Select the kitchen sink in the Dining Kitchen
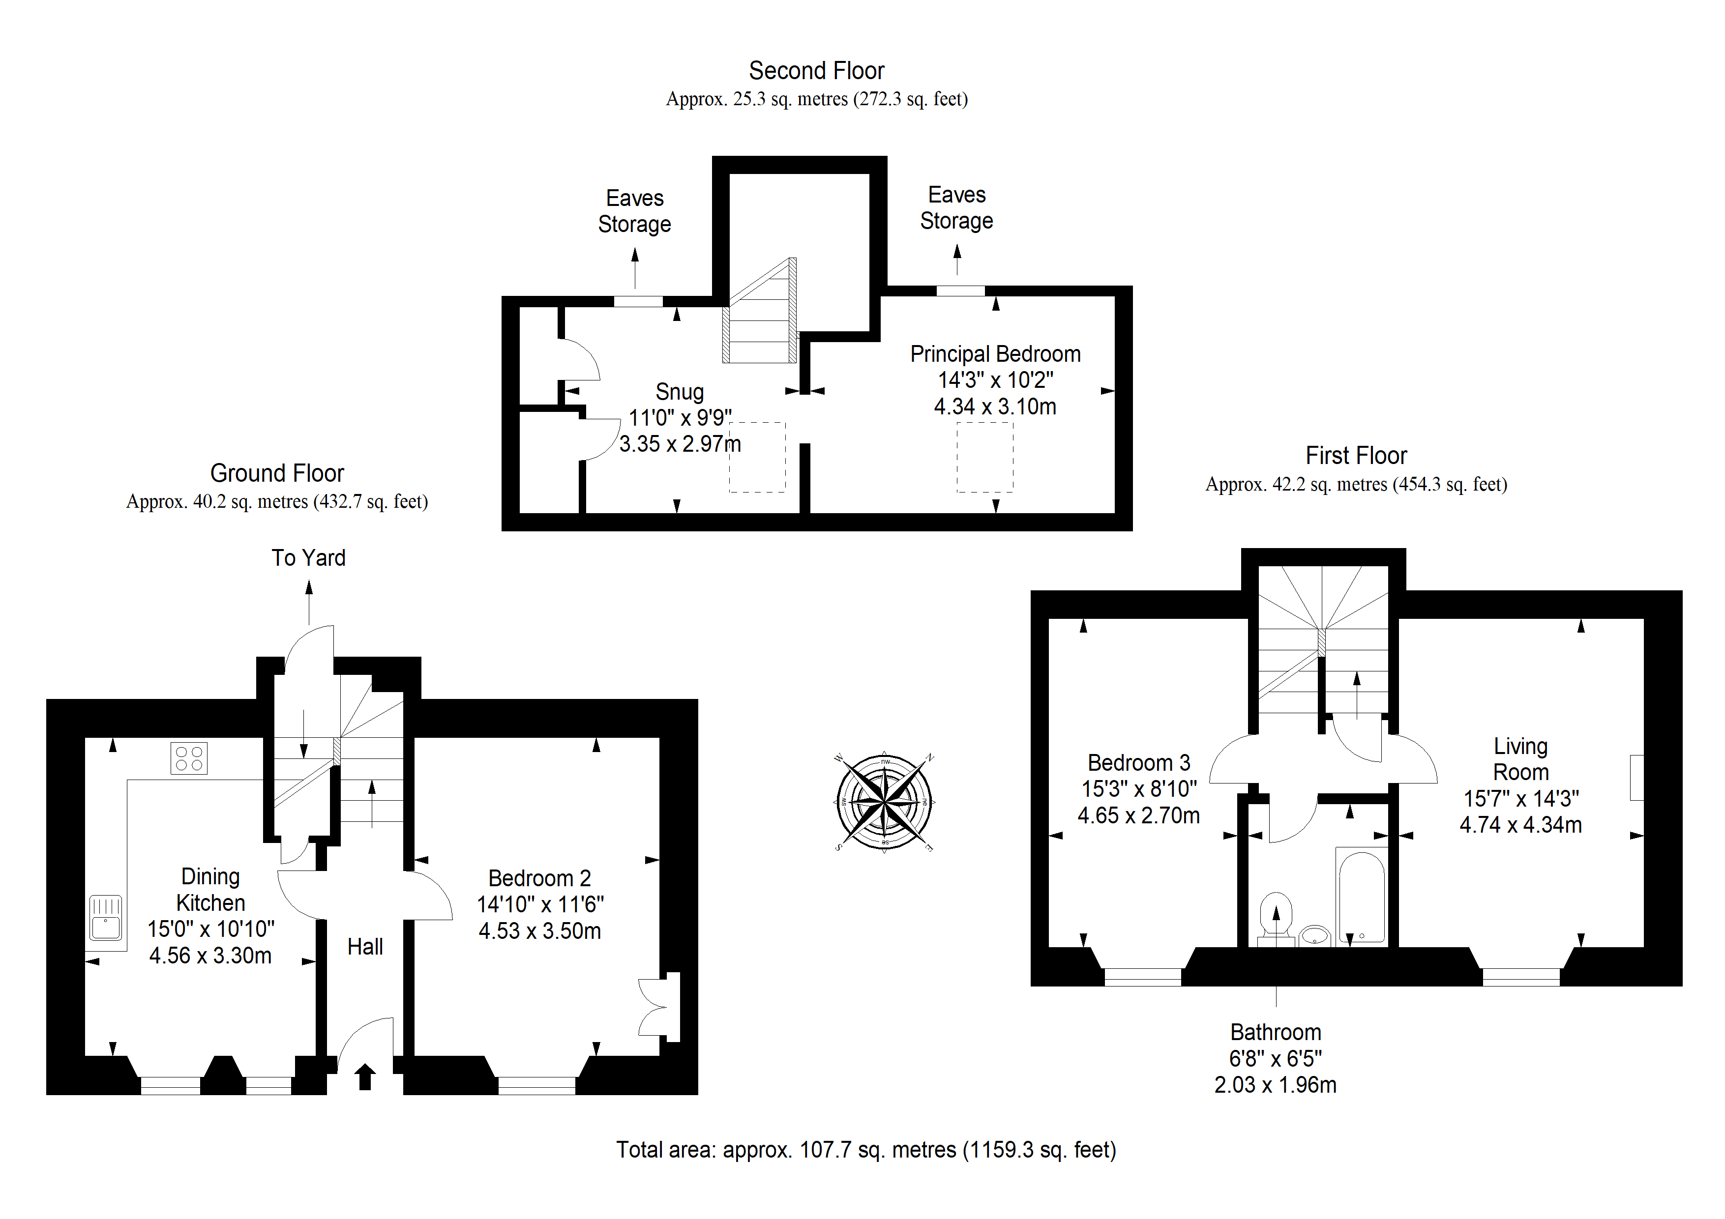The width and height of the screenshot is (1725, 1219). click(x=106, y=917)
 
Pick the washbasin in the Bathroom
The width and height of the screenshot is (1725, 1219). click(x=1315, y=935)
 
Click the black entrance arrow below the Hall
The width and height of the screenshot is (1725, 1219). click(x=365, y=1076)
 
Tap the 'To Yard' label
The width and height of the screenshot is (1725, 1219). click(x=309, y=558)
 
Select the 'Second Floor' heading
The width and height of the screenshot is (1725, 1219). click(x=817, y=71)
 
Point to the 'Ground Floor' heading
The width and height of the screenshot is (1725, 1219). click(x=277, y=473)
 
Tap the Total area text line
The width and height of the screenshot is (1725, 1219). click(x=866, y=1150)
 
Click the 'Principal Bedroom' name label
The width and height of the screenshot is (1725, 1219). click(x=995, y=354)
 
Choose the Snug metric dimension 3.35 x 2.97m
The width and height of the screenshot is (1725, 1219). click(x=680, y=444)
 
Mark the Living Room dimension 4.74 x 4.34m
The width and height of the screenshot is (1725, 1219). click(x=1520, y=825)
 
